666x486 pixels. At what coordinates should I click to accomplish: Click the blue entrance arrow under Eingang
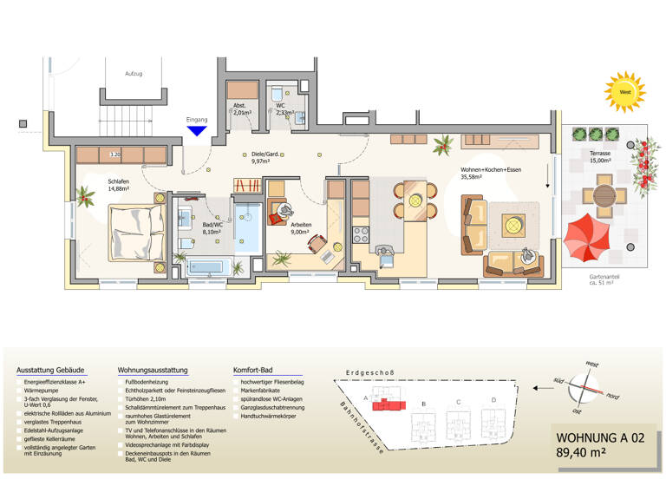pyautogui.click(x=197, y=131)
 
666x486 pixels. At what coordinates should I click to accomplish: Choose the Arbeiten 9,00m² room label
pyautogui.click(x=300, y=228)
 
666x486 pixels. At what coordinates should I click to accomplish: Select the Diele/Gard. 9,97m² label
pyautogui.click(x=263, y=156)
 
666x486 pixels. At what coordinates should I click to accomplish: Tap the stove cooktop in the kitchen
pyautogui.click(x=362, y=235)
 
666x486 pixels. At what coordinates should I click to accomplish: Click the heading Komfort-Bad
pyautogui.click(x=255, y=370)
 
